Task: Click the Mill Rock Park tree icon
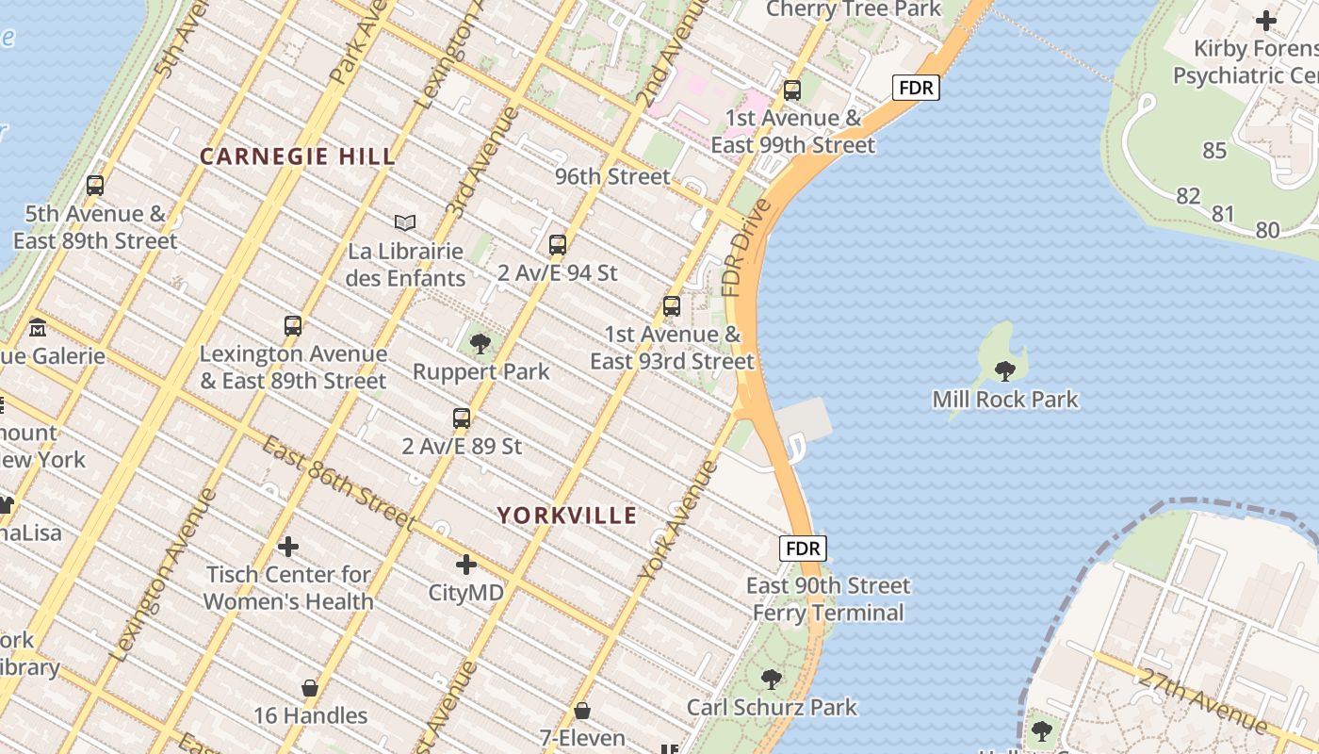click(1005, 370)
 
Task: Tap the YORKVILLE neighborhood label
click(567, 516)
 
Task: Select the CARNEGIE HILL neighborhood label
click(298, 157)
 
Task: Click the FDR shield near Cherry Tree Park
click(916, 88)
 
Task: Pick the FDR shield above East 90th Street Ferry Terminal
click(803, 549)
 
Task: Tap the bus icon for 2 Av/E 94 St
click(558, 245)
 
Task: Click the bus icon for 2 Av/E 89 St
click(462, 418)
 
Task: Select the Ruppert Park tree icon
click(480, 344)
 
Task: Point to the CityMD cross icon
click(466, 565)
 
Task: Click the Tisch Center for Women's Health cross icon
click(288, 546)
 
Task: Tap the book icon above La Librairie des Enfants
click(405, 223)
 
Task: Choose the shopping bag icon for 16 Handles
click(310, 688)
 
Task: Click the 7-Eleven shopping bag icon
click(582, 710)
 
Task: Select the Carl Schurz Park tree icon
click(772, 679)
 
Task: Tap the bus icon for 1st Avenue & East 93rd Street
click(672, 306)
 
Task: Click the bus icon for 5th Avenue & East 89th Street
click(95, 186)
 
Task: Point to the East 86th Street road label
click(337, 483)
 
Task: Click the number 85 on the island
click(1214, 151)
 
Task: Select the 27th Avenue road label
click(1202, 701)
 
